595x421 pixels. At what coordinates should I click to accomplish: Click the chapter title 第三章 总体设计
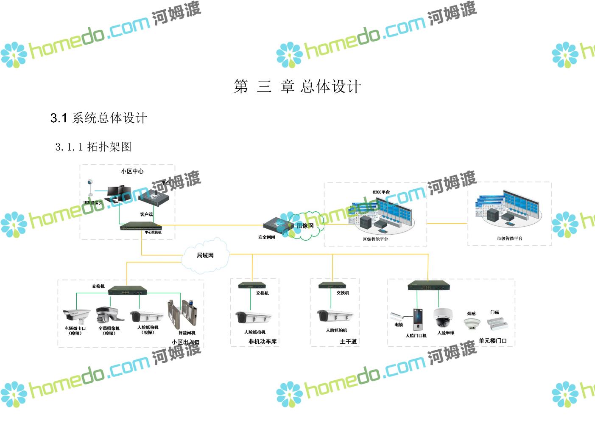(x=297, y=87)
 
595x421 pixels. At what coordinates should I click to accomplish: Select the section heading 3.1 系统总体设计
(x=99, y=118)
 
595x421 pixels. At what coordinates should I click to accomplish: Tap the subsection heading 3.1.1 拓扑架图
(x=93, y=147)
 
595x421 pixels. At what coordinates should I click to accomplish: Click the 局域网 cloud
(x=205, y=255)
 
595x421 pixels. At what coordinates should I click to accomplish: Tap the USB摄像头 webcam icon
(x=90, y=189)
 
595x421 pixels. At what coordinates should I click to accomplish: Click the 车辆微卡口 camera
(x=76, y=315)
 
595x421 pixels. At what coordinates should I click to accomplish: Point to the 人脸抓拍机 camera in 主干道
(x=335, y=316)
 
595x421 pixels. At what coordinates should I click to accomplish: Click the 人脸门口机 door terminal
(x=418, y=319)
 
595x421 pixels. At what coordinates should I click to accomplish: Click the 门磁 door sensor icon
(x=497, y=323)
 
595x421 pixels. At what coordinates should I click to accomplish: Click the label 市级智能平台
(x=510, y=239)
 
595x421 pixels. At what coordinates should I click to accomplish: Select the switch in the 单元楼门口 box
(x=428, y=286)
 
